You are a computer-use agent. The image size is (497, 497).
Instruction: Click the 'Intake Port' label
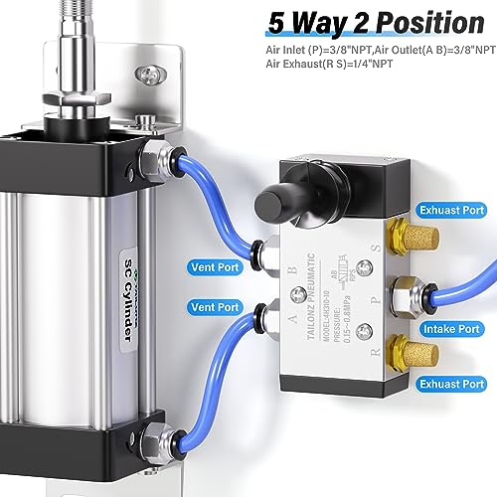(x=450, y=328)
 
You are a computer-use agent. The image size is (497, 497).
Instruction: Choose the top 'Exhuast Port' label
(x=450, y=212)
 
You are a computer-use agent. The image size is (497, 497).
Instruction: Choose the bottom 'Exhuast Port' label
(x=450, y=383)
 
